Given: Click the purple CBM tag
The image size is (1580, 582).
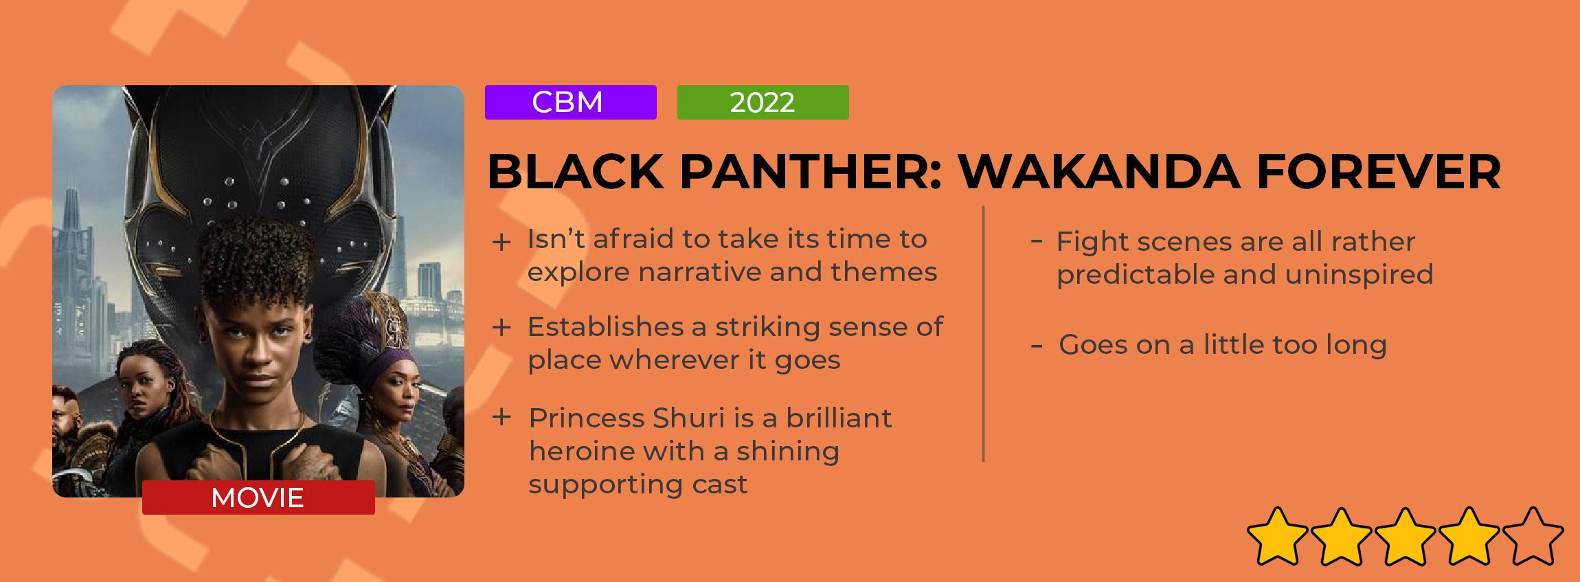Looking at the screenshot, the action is point(570,102).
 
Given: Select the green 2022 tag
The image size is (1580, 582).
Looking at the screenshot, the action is point(763,102).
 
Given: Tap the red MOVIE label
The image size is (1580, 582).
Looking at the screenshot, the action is point(258,497).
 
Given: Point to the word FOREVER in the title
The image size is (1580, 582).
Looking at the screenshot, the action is point(1379,171).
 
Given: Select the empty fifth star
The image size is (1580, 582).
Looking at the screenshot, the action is point(1533,536).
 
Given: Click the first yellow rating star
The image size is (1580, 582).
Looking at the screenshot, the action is point(1277,536).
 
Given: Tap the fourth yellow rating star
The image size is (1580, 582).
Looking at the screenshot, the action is point(1469,536).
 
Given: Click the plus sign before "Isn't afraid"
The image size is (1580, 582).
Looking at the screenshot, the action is point(501,242).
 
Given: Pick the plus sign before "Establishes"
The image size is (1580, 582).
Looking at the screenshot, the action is point(501,328).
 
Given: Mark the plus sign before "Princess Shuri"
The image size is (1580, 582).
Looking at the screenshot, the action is point(501,417).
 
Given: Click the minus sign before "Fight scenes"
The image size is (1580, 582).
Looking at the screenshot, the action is point(1037,240).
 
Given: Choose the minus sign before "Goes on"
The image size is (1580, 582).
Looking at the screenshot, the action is point(1037,346).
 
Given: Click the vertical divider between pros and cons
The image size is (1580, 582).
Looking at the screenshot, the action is point(984,334).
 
